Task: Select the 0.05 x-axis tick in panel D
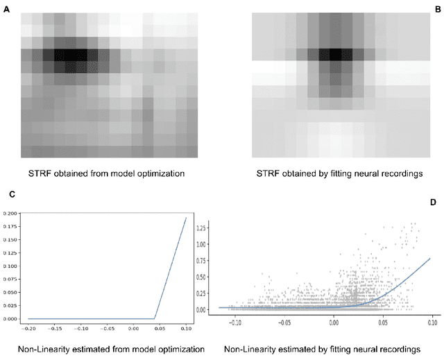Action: click(x=383, y=323)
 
